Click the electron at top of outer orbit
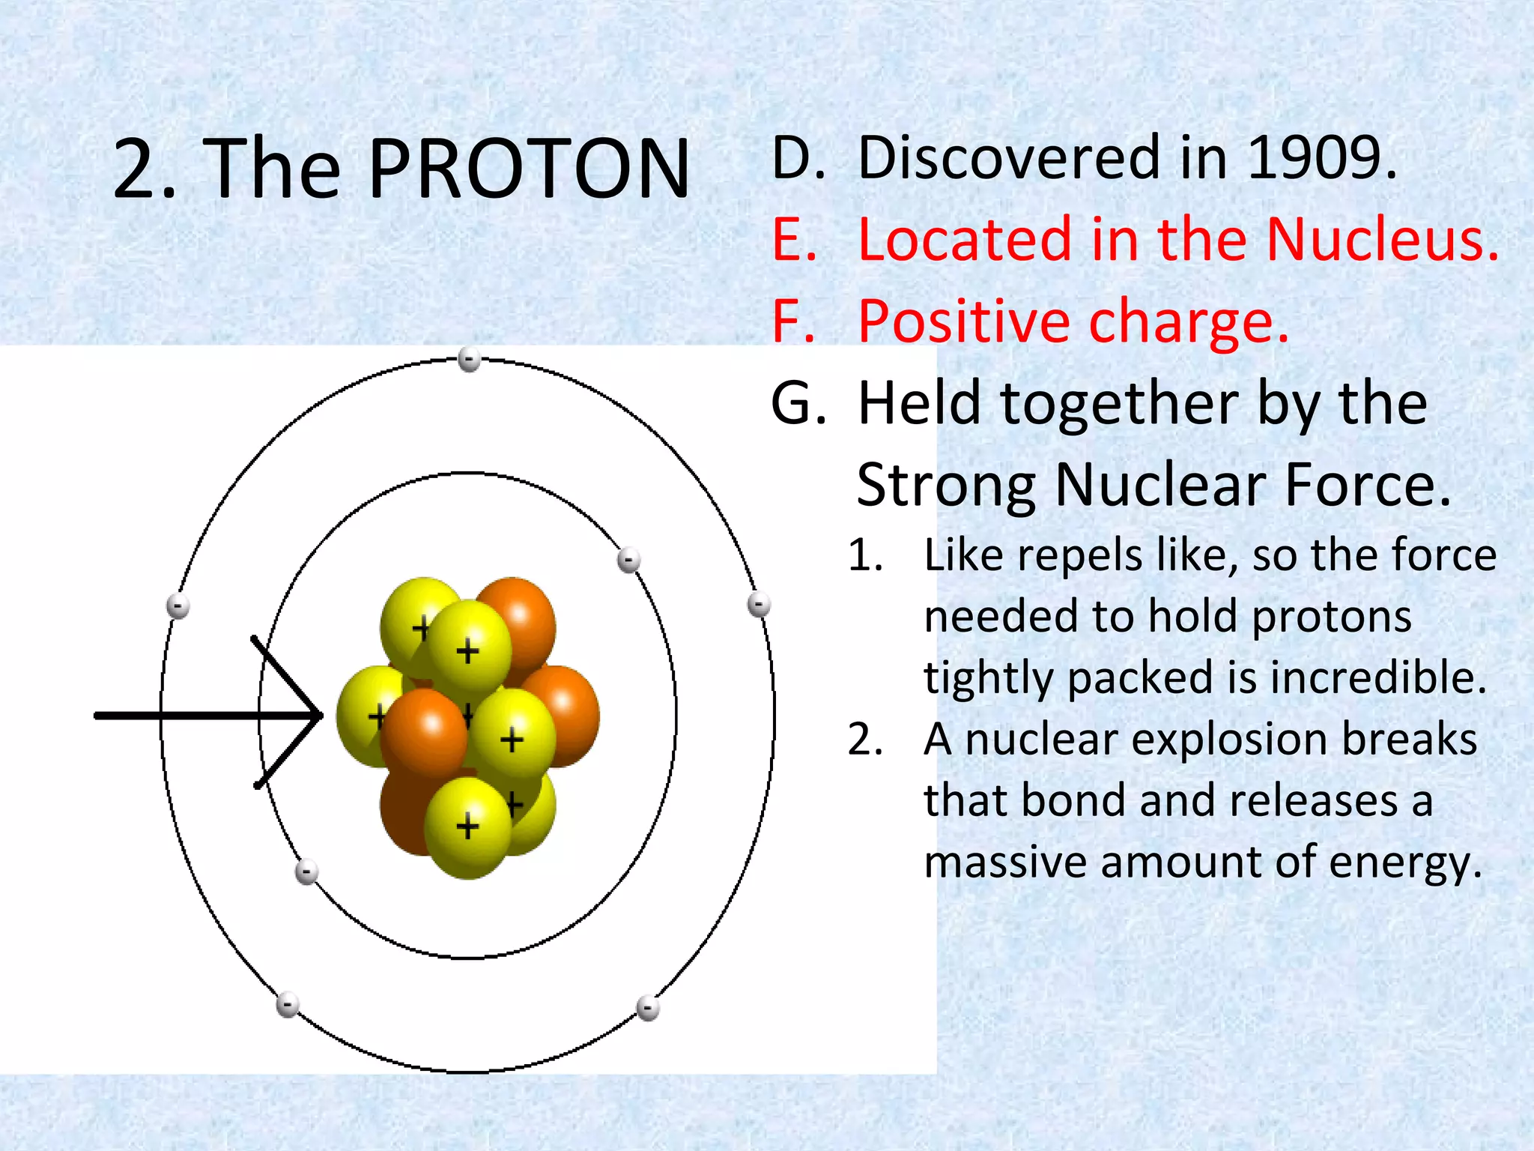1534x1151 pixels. click(470, 359)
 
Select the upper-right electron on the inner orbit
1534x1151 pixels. click(628, 560)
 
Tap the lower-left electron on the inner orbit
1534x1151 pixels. click(306, 871)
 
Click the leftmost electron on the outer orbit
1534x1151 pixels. click(178, 605)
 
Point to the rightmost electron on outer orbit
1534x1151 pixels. click(759, 604)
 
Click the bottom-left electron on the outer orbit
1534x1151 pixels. click(288, 1005)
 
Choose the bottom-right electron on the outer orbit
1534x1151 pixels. click(648, 1009)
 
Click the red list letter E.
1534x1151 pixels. click(792, 240)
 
